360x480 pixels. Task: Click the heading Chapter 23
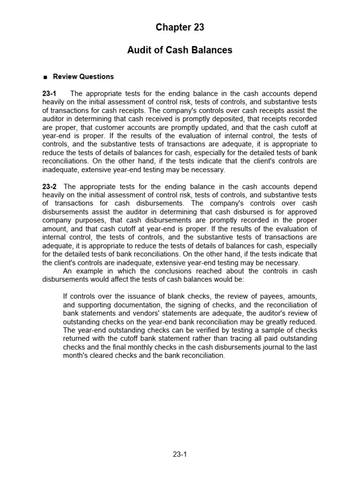180,28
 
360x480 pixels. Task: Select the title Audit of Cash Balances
180,50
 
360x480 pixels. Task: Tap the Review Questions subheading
83,76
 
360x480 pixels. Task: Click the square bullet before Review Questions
45,77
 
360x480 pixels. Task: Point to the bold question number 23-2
50,187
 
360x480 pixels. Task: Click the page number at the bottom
180,454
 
